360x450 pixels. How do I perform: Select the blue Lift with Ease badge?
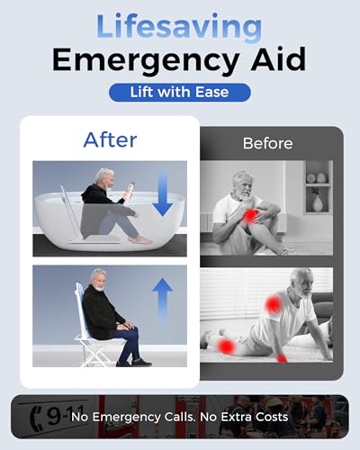(x=179, y=92)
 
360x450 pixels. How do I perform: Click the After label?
(x=109, y=139)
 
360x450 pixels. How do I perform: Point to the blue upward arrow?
(x=162, y=298)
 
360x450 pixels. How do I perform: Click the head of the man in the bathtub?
(x=104, y=177)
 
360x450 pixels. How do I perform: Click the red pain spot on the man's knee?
(x=247, y=215)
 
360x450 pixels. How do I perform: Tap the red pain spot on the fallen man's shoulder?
(x=271, y=306)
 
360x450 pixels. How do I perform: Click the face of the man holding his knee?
(x=241, y=183)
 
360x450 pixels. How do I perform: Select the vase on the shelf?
(x=317, y=202)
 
